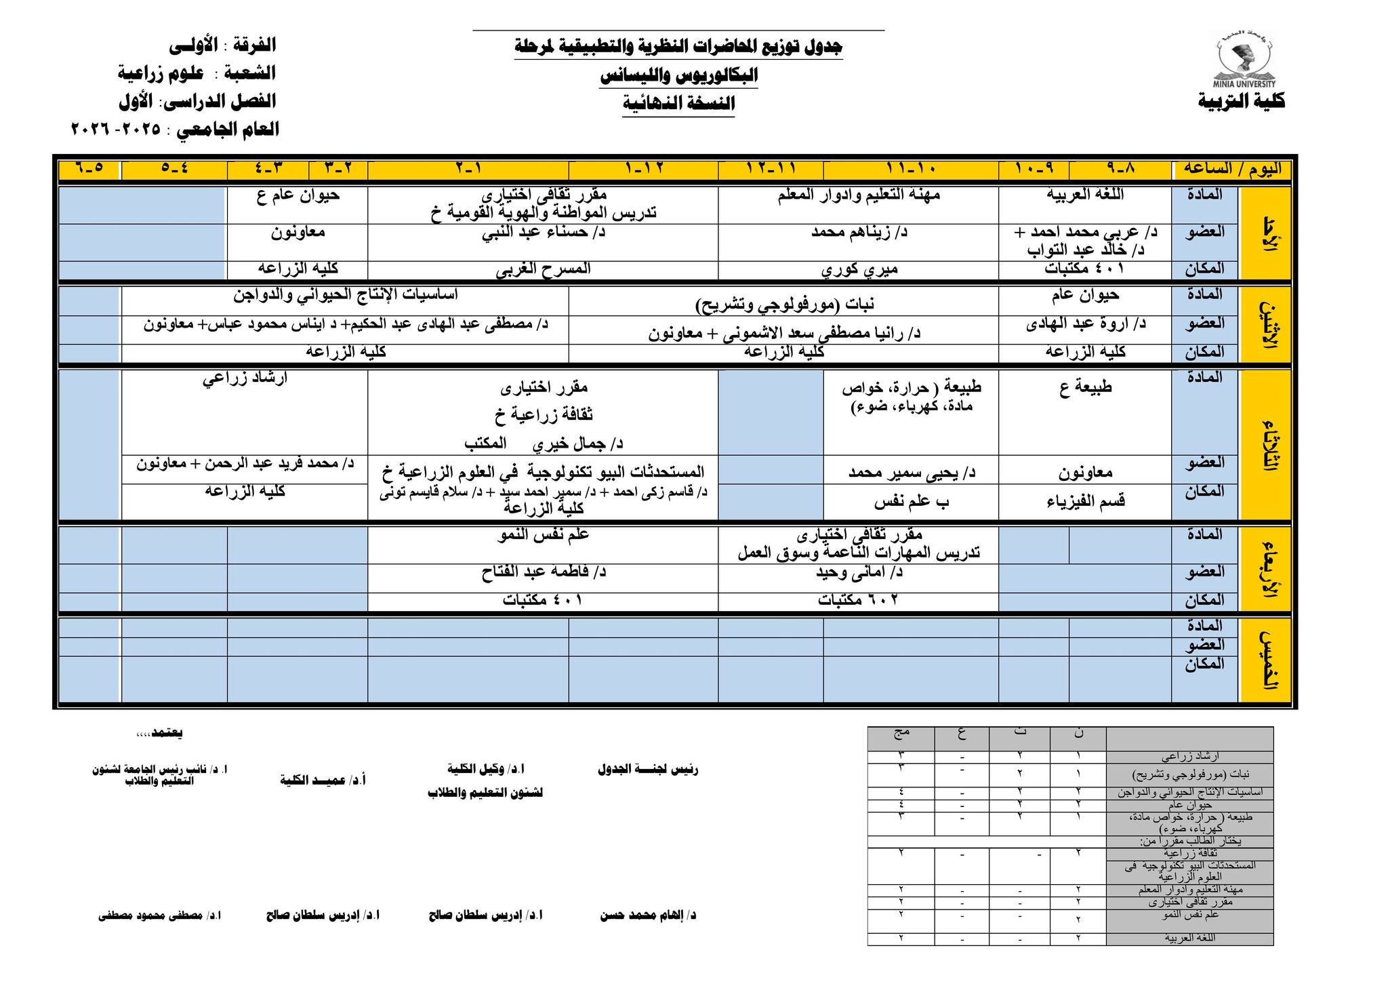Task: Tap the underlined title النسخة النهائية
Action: [678, 104]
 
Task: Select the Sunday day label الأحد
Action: [1265, 233]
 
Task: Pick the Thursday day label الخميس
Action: [1265, 660]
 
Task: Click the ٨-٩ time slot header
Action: [1120, 169]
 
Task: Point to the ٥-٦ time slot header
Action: [89, 169]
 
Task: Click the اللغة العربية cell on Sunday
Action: [1085, 195]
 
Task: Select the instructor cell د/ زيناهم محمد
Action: [859, 233]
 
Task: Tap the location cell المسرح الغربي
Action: [543, 269]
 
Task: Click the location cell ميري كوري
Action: [859, 269]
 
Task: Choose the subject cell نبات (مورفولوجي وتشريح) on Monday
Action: [784, 304]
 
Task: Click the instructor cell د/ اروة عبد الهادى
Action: [1085, 324]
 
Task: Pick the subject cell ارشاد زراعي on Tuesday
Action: [245, 378]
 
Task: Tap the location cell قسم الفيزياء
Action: [1085, 501]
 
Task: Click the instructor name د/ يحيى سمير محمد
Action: [912, 473]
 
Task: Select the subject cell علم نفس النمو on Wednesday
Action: [543, 535]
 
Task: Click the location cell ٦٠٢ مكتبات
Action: [859, 600]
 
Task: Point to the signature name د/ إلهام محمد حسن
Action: [648, 916]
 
